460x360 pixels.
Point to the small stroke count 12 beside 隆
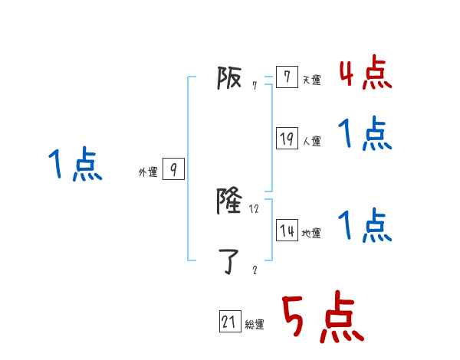click(255, 209)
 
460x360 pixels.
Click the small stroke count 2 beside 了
click(255, 270)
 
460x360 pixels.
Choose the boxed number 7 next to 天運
click(287, 77)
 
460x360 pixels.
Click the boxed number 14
click(287, 230)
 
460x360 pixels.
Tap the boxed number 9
click(173, 169)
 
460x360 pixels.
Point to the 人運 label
click(311, 142)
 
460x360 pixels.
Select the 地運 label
click(311, 234)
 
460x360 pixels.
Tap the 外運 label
click(147, 173)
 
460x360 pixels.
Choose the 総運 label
click(255, 325)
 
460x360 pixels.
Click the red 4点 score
click(365, 73)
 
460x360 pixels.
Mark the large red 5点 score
click(321, 318)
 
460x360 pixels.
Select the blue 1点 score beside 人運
click(365, 134)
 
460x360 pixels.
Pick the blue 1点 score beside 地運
click(365, 226)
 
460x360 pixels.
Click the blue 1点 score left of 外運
click(75, 165)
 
